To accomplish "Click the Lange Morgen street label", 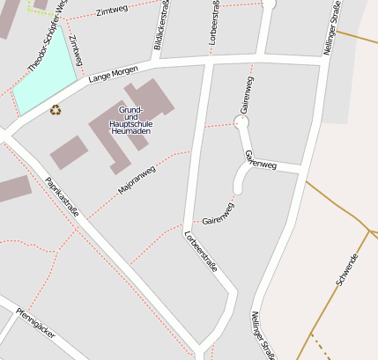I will (x=114, y=77).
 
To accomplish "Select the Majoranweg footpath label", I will (x=137, y=180).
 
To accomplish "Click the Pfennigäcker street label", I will (x=36, y=322).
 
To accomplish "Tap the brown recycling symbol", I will (x=56, y=110).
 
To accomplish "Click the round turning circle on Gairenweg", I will (x=241, y=122).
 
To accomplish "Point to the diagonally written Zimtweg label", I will (x=75, y=50).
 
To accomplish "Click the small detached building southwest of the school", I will (x=69, y=152).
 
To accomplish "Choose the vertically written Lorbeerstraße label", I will (x=215, y=25).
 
